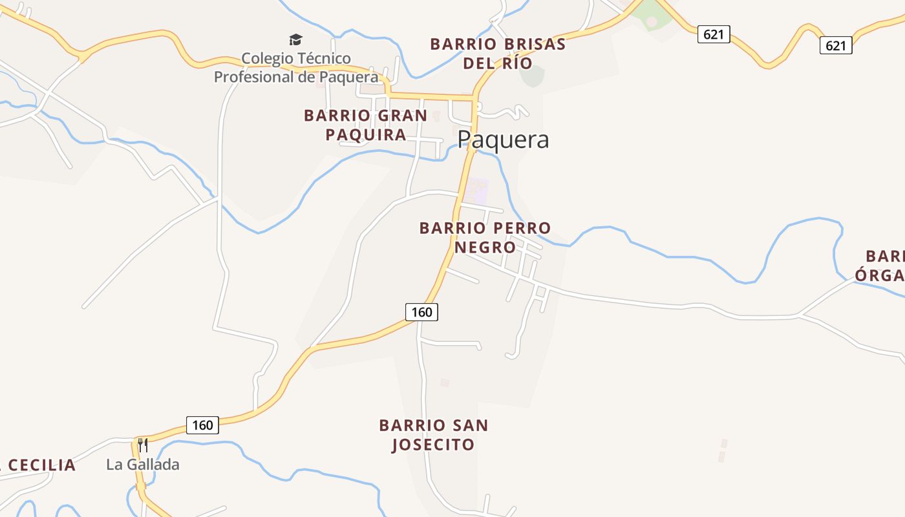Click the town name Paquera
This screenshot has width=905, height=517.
pos(503,140)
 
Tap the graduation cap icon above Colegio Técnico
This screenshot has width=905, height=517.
pos(295,40)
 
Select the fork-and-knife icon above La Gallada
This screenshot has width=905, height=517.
pos(143,445)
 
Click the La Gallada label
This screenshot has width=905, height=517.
pos(143,465)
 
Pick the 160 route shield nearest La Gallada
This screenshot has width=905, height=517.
pos(202,425)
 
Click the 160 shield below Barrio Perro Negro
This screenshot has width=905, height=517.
pos(421,312)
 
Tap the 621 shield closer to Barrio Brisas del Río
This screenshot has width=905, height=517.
pos(713,34)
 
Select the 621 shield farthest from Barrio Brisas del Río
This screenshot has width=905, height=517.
pos(836,45)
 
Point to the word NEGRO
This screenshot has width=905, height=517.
pos(485,248)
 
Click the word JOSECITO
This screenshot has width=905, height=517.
pos(433,445)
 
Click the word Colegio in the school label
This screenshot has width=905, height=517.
pos(267,59)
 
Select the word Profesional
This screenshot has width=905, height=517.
pos(255,77)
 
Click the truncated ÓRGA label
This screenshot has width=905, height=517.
pos(880,275)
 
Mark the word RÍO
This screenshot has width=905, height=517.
pos(516,63)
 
